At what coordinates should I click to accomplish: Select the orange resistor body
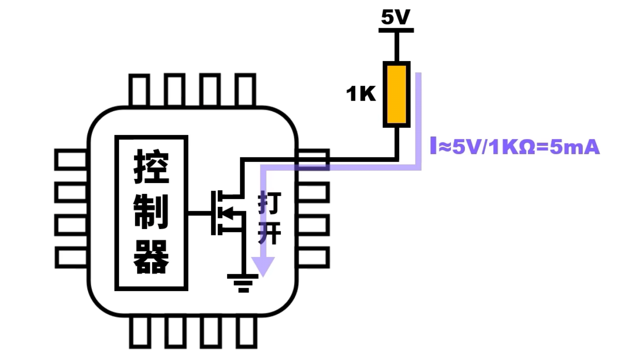click(396, 94)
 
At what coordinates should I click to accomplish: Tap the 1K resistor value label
click(361, 94)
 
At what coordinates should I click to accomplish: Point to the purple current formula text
click(515, 146)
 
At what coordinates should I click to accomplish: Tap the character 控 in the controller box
click(151, 167)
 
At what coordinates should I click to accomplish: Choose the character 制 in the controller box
click(151, 212)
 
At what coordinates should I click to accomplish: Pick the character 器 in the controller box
click(151, 257)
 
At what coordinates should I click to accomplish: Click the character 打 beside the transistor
click(269, 202)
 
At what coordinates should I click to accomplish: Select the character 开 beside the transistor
click(269, 233)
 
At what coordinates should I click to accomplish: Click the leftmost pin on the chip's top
click(139, 90)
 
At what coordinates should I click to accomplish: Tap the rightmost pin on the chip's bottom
click(247, 332)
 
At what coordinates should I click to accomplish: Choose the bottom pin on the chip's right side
click(313, 257)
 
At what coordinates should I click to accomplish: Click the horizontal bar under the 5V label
click(396, 30)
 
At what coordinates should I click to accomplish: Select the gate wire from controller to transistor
click(200, 214)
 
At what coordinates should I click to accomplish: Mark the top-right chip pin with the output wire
click(313, 159)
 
